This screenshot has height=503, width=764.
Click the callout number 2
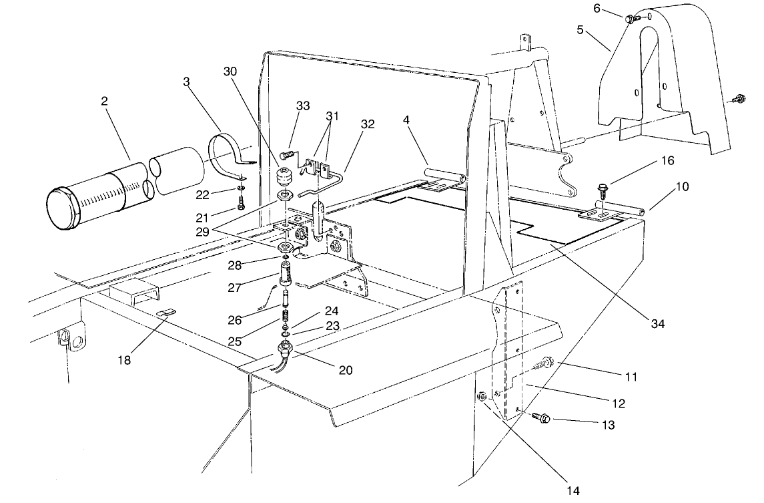click(x=104, y=101)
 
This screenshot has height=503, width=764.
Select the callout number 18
click(x=125, y=361)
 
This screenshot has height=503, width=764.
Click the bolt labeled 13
click(x=542, y=418)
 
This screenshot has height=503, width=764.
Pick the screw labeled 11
click(x=546, y=363)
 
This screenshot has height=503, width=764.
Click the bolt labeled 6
click(x=629, y=19)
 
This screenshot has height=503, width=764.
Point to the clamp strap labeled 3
click(x=227, y=156)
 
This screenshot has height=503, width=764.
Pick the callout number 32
click(x=368, y=124)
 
